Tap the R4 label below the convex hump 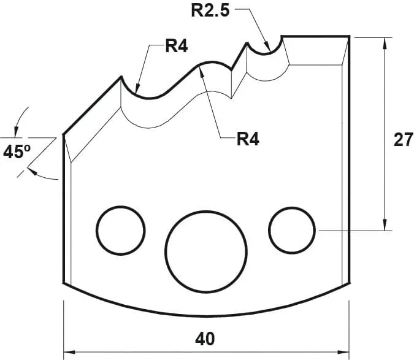pyautogui.click(x=248, y=139)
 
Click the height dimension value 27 pyautogui.click(x=402, y=140)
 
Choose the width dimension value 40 pyautogui.click(x=207, y=339)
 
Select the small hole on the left pyautogui.click(x=121, y=230)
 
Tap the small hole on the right pyautogui.click(x=292, y=230)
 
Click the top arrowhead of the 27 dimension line pyautogui.click(x=385, y=41)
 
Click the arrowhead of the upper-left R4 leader pyautogui.click(x=137, y=90)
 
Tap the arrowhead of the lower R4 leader pyautogui.click(x=202, y=70)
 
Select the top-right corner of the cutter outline pyautogui.click(x=349, y=37)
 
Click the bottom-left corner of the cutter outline pyautogui.click(x=64, y=283)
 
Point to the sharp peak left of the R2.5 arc pyautogui.click(x=247, y=43)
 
